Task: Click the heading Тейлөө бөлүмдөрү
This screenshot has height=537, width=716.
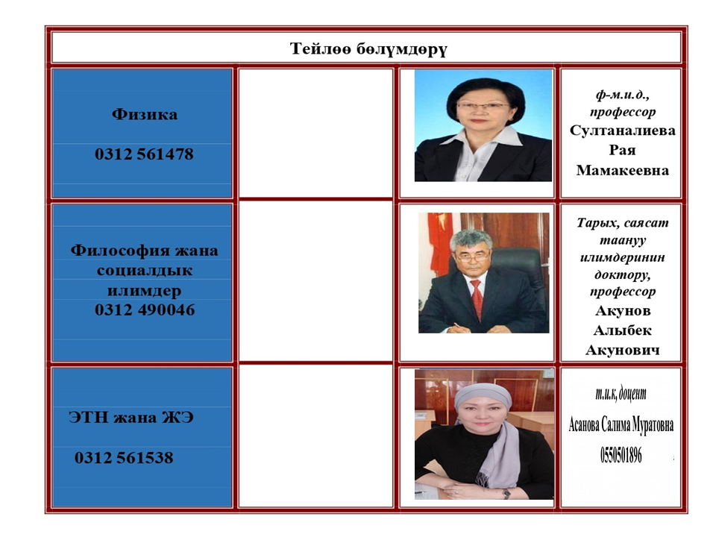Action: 368,48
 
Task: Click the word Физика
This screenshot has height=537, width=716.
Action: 144,113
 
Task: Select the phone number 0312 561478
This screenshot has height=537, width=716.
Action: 144,154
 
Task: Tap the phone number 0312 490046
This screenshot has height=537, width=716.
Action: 145,310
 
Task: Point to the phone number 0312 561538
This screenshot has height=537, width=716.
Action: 125,457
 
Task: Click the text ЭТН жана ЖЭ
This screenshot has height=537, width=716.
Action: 131,418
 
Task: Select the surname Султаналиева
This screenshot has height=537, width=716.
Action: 622,131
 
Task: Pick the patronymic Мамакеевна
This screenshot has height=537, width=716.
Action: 622,170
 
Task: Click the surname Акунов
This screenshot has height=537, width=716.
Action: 622,310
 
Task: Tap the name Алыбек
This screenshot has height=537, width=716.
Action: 622,330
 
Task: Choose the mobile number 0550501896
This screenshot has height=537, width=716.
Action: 621,455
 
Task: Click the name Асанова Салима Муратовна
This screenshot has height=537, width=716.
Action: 621,424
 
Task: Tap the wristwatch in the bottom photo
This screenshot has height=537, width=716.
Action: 506,493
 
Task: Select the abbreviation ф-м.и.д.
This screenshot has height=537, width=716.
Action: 622,95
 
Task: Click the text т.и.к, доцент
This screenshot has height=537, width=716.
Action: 621,393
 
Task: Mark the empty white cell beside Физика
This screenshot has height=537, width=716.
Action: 315,133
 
